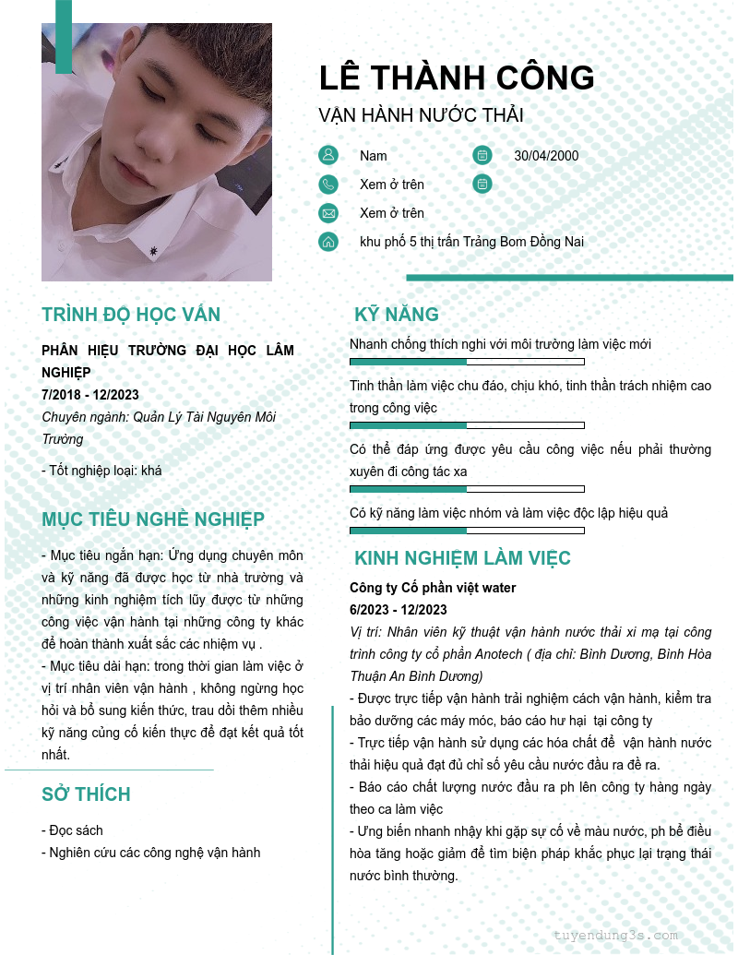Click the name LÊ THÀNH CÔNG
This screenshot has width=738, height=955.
click(457, 78)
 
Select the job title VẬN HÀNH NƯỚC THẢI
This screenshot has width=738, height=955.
click(421, 115)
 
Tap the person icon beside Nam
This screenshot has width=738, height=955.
click(328, 155)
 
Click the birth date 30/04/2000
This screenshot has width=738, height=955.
click(546, 155)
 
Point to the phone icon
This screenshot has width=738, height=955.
click(328, 185)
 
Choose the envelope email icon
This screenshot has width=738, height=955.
click(328, 213)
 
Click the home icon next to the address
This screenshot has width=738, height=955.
click(328, 242)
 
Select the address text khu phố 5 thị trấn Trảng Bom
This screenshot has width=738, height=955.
click(471, 242)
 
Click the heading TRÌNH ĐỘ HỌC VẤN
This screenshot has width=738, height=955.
click(131, 315)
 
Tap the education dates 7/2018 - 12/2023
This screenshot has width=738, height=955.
click(90, 395)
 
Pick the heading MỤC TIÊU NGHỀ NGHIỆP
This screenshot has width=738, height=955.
click(153, 519)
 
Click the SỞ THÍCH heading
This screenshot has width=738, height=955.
click(86, 794)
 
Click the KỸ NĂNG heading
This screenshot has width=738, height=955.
click(397, 315)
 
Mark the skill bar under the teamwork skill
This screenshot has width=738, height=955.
click(467, 531)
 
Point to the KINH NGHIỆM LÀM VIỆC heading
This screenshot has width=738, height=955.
click(462, 558)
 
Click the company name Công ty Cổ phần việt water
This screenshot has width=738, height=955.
click(433, 588)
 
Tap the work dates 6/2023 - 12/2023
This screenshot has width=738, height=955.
click(398, 610)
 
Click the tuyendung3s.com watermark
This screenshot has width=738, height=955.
click(615, 935)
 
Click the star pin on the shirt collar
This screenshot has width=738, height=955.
click(153, 250)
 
